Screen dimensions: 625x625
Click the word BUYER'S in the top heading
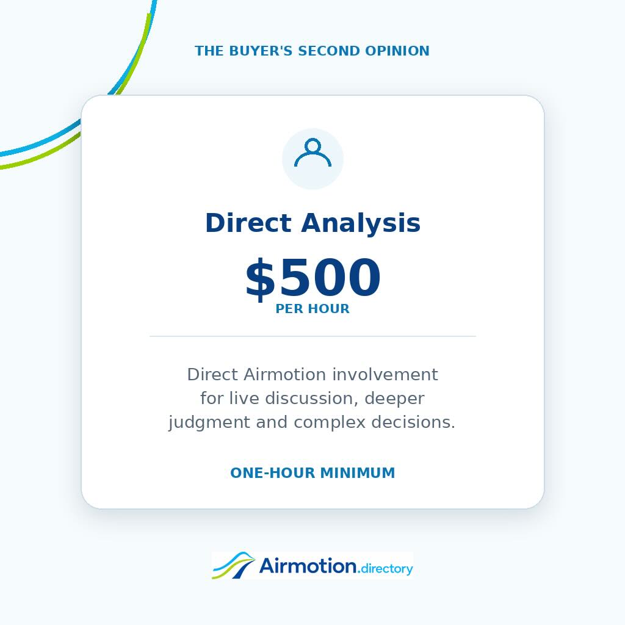[261, 51]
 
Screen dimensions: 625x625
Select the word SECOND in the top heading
[329, 51]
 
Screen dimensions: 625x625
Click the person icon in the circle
[312, 153]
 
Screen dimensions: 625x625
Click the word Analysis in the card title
[361, 223]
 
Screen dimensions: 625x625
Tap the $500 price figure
[312, 278]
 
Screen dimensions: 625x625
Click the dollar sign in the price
[260, 278]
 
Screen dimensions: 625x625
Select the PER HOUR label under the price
[312, 308]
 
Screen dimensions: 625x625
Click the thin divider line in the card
[312, 336]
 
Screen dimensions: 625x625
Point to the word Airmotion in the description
[284, 375]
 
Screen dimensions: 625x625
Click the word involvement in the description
[385, 375]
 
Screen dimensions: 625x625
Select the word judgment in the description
[209, 423]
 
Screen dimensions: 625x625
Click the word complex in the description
[329, 423]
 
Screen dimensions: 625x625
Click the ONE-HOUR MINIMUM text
[312, 473]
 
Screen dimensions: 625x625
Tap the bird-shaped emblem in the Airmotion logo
[234, 565]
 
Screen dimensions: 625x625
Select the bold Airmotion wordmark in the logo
[308, 566]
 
